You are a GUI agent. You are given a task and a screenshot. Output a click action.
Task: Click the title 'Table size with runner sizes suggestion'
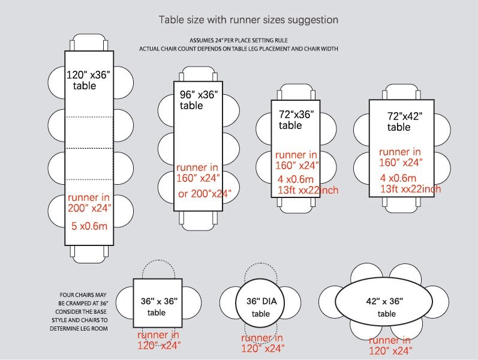tap(248, 20)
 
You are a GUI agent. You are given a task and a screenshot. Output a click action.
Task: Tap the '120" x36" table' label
tap(88, 80)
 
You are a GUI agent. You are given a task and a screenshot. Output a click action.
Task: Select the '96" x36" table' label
tap(199, 100)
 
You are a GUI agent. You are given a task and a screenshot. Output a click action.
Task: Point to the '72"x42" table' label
tap(405, 121)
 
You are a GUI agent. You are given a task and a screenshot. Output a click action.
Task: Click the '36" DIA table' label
tap(261, 308)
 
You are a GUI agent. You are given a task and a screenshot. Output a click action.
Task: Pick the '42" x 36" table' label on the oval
tap(384, 308)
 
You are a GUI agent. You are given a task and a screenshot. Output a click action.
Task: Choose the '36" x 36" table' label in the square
tap(159, 307)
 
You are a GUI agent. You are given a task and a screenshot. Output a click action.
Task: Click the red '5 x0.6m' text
tap(89, 226)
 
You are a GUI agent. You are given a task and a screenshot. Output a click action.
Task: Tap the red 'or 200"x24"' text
tap(205, 194)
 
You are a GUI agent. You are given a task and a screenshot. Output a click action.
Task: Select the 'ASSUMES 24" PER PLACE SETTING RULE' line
tap(239, 40)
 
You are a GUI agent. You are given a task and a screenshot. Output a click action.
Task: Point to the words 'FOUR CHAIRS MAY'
tap(83, 295)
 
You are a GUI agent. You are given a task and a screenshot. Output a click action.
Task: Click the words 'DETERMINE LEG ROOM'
tap(79, 329)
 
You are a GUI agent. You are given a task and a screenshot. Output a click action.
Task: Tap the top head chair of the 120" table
tap(89, 43)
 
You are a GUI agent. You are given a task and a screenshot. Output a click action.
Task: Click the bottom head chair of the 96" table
tap(198, 221)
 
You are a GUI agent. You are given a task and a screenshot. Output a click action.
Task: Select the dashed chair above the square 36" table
tap(158, 269)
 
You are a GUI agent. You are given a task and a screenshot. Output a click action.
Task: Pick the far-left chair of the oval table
tap(327, 302)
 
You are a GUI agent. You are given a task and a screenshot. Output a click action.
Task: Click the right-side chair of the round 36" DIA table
tap(291, 302)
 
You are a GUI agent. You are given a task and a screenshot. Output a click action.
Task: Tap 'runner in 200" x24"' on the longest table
tap(89, 203)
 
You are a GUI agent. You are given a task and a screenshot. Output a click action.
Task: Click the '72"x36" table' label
tap(296, 120)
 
